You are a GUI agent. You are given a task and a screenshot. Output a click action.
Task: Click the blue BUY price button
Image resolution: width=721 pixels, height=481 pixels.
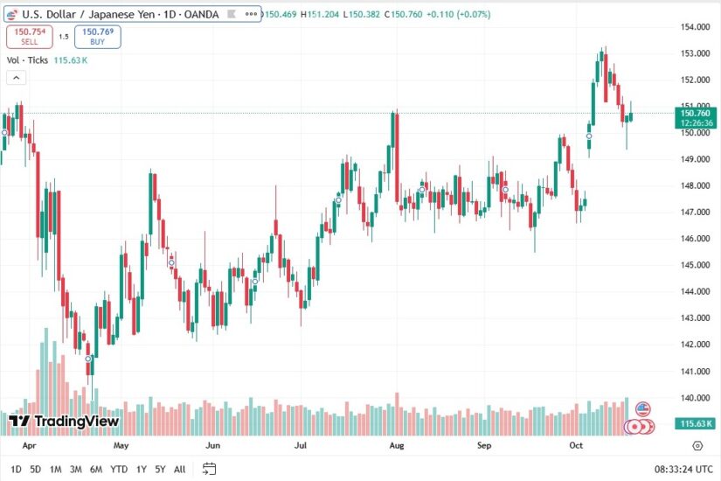(x=97, y=36)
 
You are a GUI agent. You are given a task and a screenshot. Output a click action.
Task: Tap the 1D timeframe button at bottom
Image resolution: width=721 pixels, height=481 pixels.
(x=16, y=470)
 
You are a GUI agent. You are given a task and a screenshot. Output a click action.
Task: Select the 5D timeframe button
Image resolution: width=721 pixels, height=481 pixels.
(x=35, y=470)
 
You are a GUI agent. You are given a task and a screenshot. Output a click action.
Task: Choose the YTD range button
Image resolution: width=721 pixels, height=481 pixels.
(x=119, y=470)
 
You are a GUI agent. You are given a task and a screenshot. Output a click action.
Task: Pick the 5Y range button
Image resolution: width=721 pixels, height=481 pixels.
(x=160, y=470)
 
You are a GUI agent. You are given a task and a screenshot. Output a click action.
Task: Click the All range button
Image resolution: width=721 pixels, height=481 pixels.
(x=179, y=470)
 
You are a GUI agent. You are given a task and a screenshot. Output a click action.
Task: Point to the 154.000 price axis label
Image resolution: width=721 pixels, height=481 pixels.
(x=694, y=27)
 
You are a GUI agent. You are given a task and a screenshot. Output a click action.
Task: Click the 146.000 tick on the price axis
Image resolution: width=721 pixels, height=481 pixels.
(x=694, y=239)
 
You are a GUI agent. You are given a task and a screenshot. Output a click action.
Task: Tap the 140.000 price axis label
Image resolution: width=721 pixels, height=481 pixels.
(x=694, y=398)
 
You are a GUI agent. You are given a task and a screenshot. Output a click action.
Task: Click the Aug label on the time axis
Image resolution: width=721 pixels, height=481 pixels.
(x=397, y=445)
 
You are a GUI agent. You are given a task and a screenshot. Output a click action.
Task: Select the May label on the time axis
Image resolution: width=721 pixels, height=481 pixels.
(x=121, y=445)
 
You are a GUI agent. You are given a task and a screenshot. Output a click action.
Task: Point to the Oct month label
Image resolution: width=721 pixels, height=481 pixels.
(x=575, y=445)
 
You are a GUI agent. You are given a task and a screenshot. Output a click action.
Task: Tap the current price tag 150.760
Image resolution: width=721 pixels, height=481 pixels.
(x=696, y=113)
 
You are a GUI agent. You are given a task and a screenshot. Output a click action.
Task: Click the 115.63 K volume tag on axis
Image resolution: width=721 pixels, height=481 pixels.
(x=697, y=423)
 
